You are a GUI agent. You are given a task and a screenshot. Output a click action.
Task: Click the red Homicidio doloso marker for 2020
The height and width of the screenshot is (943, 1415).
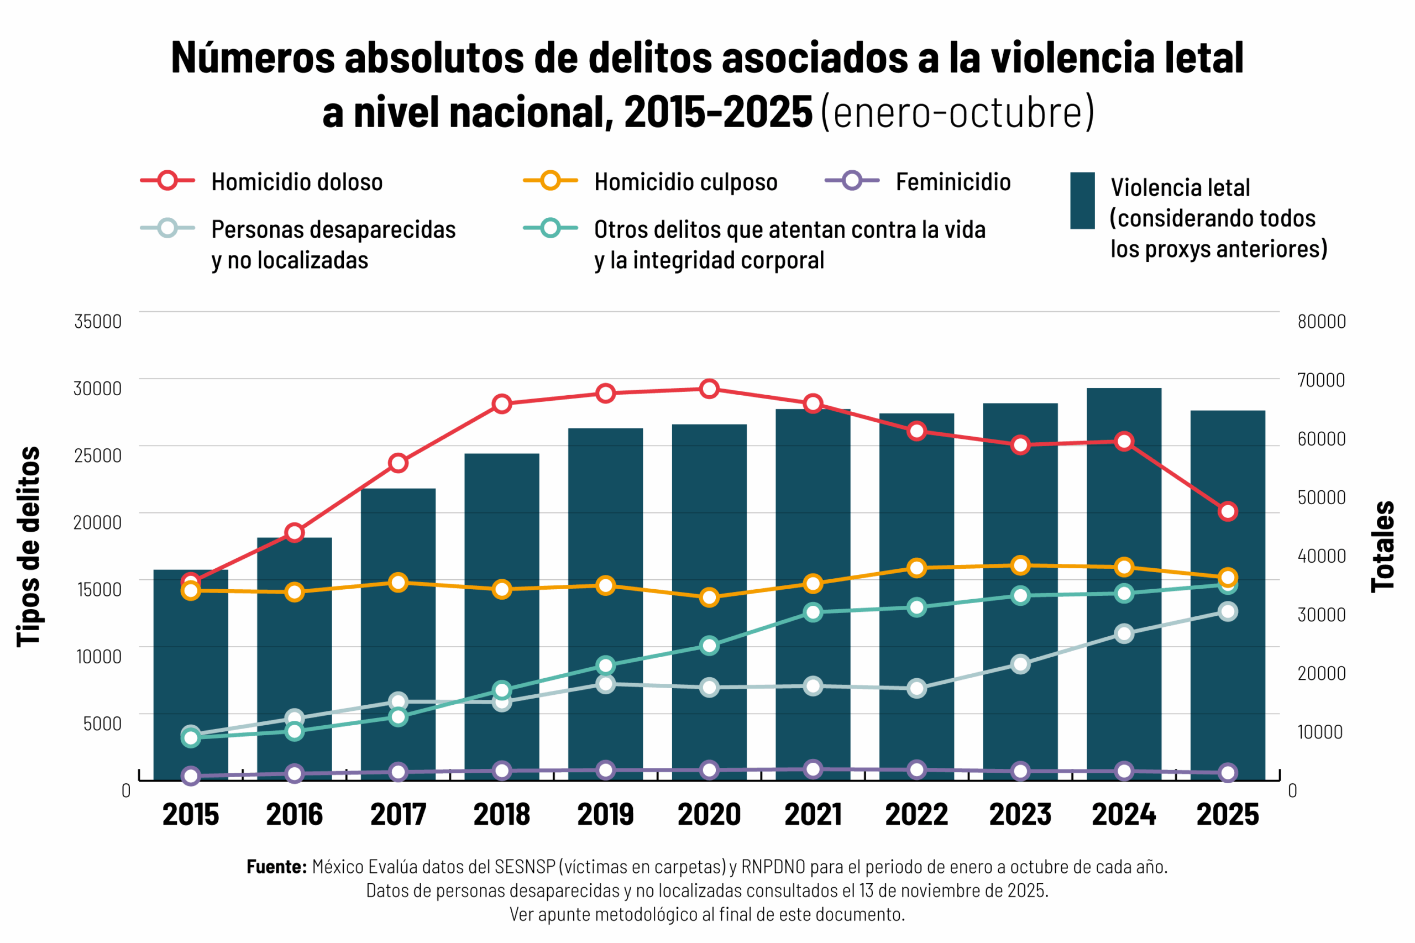tap(709, 389)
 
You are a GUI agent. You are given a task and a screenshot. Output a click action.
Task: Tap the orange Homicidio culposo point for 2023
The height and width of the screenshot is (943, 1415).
tap(1020, 565)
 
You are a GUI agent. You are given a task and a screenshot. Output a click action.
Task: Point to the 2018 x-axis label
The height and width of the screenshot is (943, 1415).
tap(501, 815)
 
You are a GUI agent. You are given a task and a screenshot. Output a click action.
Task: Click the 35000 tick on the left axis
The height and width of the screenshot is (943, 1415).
tap(97, 321)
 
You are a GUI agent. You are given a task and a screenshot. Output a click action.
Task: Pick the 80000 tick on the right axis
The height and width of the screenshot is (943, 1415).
tap(1321, 321)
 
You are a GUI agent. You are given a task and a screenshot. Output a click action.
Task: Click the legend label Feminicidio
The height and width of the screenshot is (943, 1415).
tap(952, 182)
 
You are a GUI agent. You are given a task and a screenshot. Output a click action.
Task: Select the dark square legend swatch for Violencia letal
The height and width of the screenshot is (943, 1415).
tap(1082, 201)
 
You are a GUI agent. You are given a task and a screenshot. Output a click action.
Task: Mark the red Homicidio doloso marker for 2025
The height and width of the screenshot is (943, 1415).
tap(1228, 512)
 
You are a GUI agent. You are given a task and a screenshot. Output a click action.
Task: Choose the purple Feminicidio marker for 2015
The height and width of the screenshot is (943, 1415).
tap(191, 776)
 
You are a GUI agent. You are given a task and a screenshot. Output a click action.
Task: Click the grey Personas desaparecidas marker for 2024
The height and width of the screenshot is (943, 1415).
tap(1123, 633)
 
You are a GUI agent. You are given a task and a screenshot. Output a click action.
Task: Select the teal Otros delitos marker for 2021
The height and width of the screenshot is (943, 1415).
tap(813, 612)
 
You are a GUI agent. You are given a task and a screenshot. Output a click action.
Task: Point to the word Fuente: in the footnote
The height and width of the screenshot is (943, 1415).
tap(276, 867)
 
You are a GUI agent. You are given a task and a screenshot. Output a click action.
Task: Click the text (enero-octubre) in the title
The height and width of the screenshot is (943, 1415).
tap(957, 112)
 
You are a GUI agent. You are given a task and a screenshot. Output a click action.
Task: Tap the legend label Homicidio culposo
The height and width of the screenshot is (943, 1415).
tap(685, 182)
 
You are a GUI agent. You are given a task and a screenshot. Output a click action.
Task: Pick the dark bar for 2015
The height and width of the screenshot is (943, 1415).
tap(191, 674)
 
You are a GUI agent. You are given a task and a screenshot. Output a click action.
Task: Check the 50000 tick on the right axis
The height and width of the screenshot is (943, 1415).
tap(1321, 497)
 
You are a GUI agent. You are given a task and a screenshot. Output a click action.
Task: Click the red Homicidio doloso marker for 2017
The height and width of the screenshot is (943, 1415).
tap(398, 463)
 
